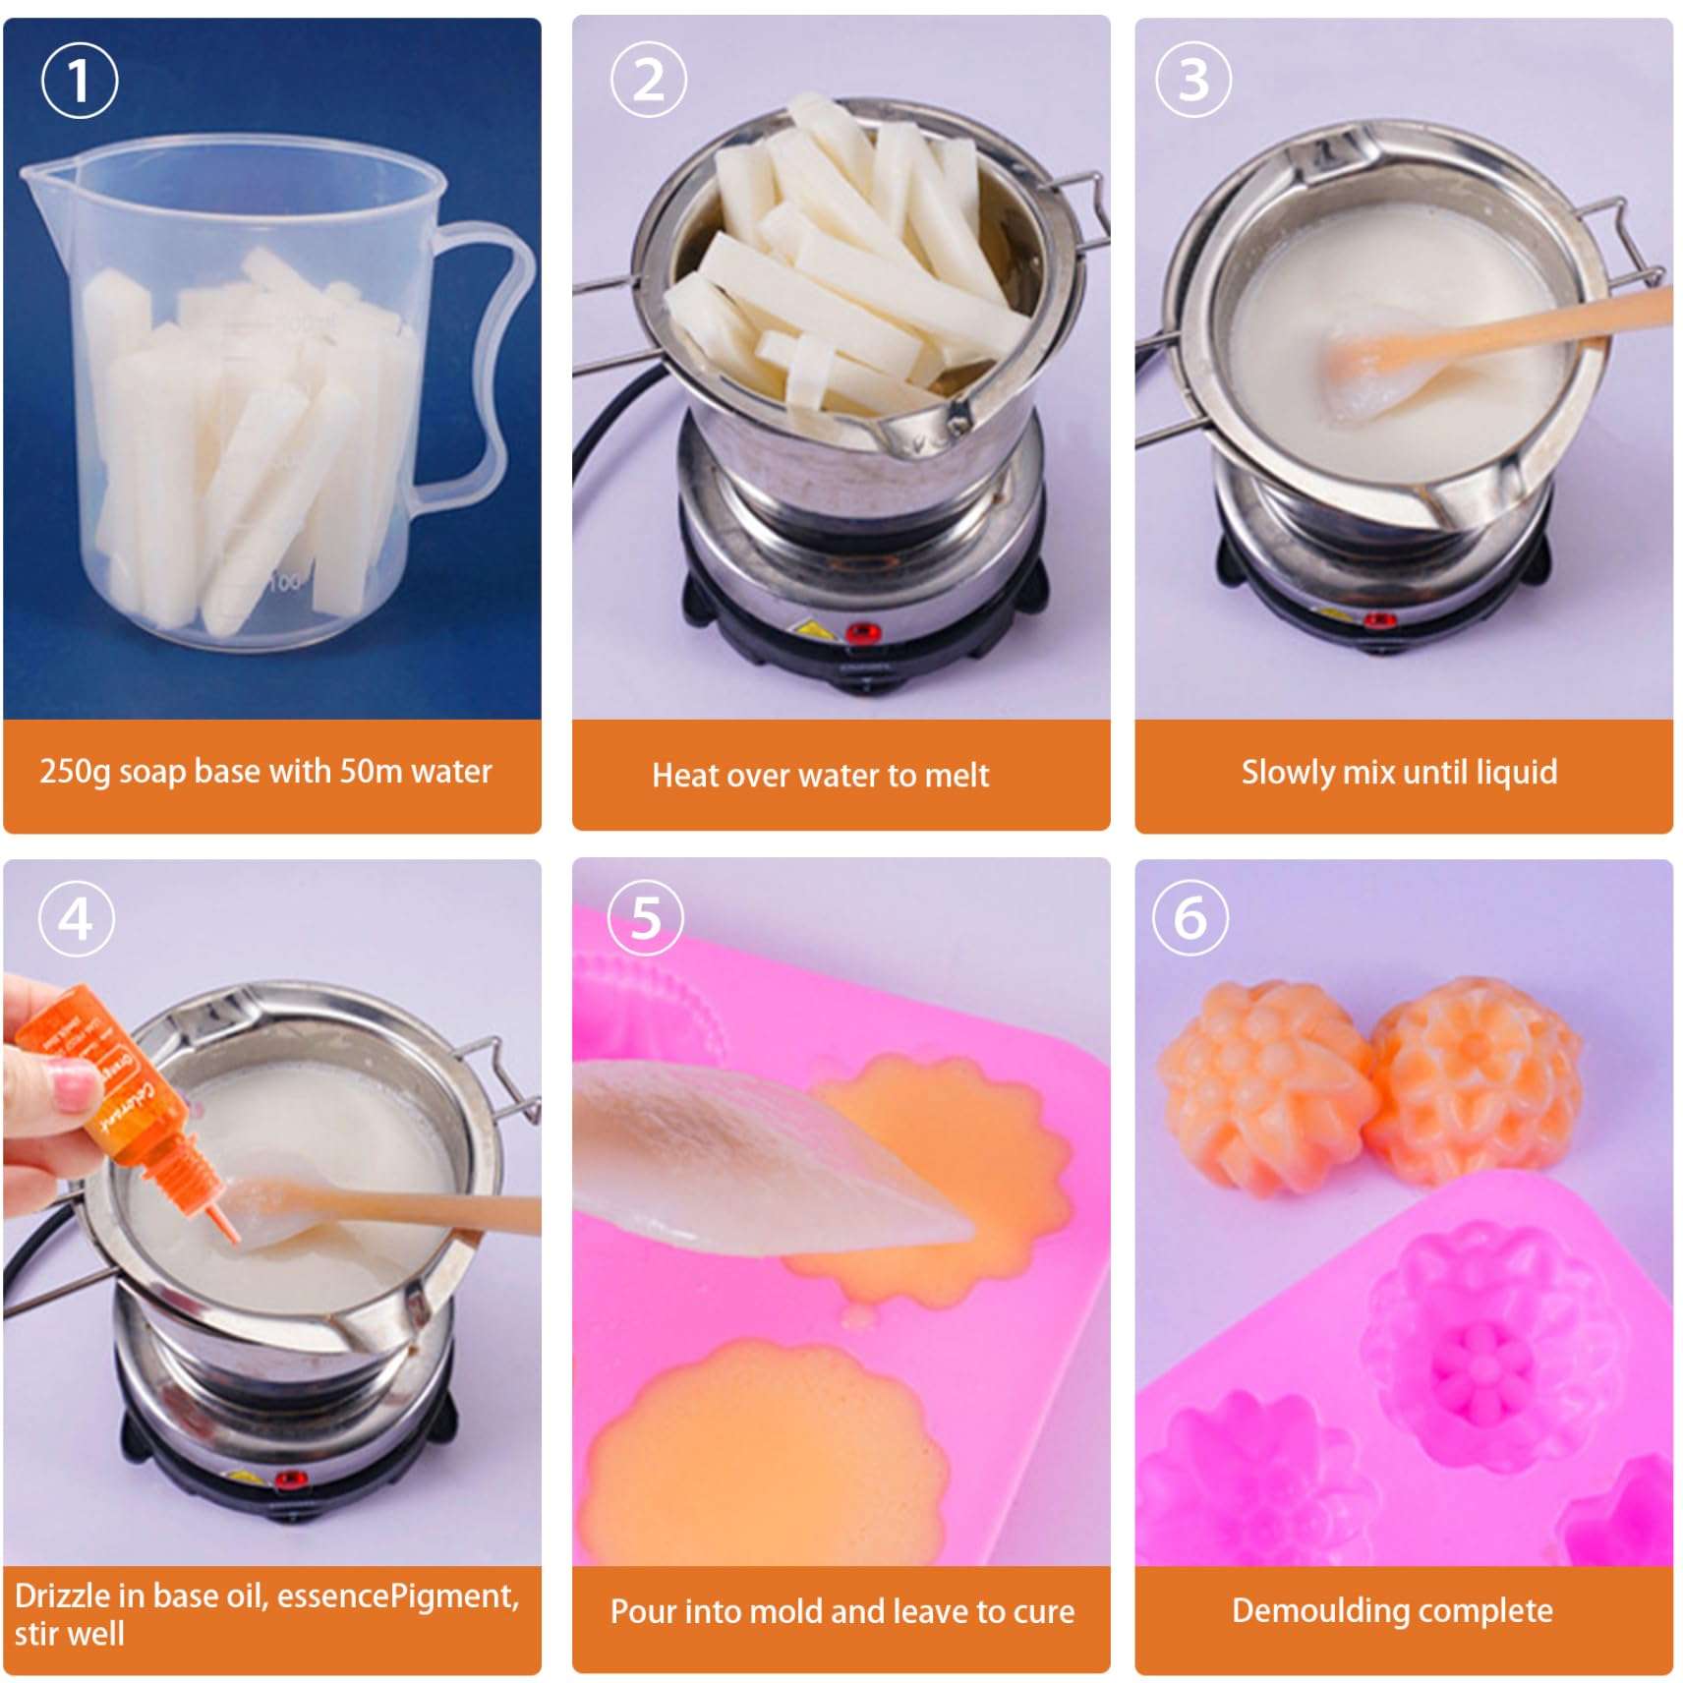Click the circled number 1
click(x=80, y=81)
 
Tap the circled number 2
click(x=649, y=79)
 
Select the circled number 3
click(x=1192, y=80)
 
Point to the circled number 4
click(x=76, y=919)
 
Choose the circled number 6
click(x=1190, y=918)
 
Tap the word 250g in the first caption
click(x=75, y=772)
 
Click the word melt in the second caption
click(x=956, y=776)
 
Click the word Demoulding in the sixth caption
click(x=1320, y=1610)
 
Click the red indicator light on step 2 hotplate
click(x=862, y=631)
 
